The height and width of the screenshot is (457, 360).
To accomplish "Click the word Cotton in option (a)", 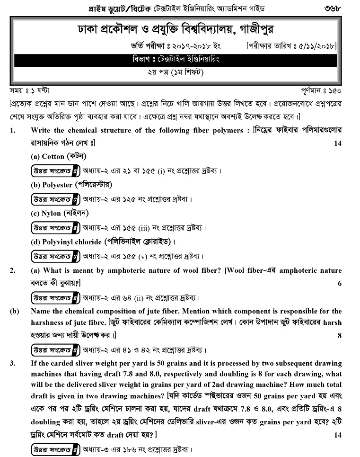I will tap(53, 156).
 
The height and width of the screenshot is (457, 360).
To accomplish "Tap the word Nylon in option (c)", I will tap(51, 213).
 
